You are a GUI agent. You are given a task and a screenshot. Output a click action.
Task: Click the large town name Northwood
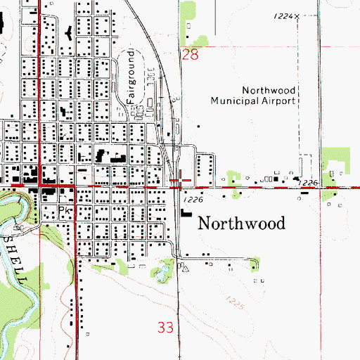click(243, 224)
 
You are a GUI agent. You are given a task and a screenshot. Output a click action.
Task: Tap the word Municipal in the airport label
click(237, 100)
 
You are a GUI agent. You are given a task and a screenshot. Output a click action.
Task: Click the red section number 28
click(190, 54)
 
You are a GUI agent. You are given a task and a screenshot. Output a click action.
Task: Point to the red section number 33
click(165, 327)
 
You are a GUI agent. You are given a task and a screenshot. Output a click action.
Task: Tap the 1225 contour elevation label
click(237, 303)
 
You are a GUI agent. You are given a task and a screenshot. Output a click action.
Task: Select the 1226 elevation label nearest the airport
click(308, 182)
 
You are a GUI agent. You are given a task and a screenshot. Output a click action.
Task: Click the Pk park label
click(65, 210)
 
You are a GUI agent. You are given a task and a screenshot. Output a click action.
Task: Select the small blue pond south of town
click(166, 268)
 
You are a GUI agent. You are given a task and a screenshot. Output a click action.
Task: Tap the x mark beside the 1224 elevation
click(297, 15)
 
